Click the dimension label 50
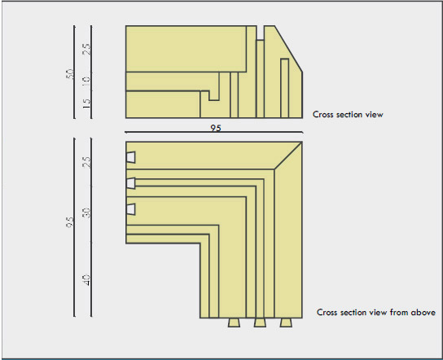coord(70,74)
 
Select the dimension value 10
coord(86,80)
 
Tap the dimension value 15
coord(86,103)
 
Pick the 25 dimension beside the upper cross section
coord(86,49)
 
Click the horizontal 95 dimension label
coord(216,128)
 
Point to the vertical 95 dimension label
coord(70,222)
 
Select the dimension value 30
coord(86,213)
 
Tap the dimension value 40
coord(86,279)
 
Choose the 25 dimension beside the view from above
coord(86,162)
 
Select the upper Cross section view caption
coord(348,115)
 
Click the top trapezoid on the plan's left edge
coord(131,157)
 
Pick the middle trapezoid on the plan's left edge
coord(131,183)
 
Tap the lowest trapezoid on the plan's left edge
coord(131,209)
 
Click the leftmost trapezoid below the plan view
coord(234,323)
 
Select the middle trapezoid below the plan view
coord(260,323)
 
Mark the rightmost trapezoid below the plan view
coord(286,323)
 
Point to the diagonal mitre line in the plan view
coord(288,156)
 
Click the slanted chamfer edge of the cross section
coord(288,49)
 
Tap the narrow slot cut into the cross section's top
coord(261,33)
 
